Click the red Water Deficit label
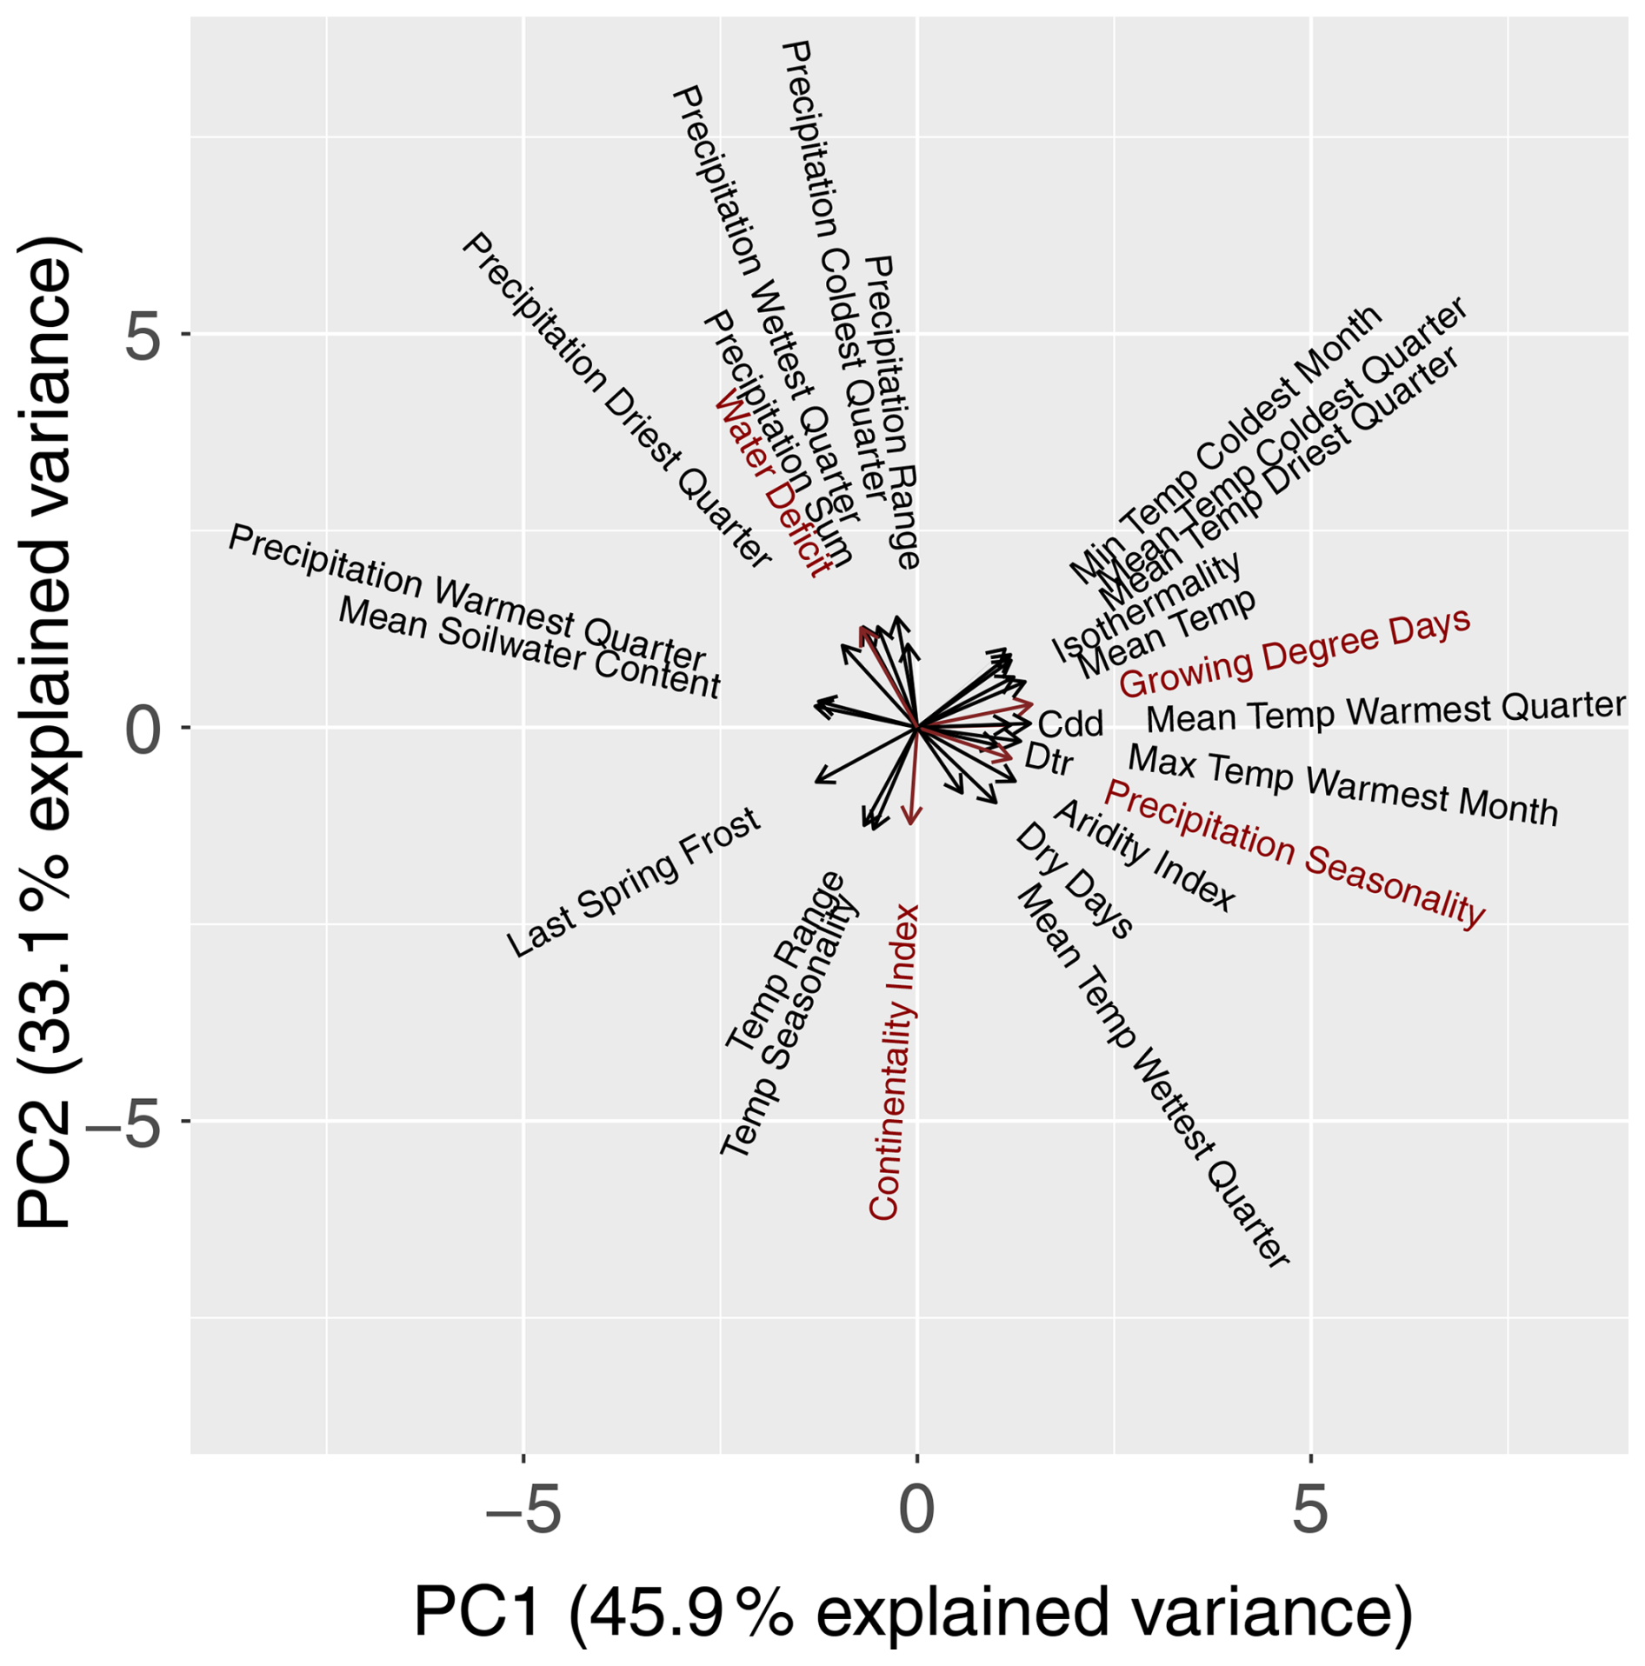(x=771, y=484)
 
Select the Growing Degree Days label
(x=1294, y=652)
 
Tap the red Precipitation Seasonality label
(x=1295, y=854)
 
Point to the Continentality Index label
(x=895, y=1062)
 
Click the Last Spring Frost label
(x=634, y=883)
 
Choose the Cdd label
(x=1070, y=723)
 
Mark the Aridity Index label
(x=1144, y=856)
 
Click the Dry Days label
(x=1075, y=881)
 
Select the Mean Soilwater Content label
(x=529, y=647)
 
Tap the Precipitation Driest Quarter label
(x=616, y=401)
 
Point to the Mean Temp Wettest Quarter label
(x=1152, y=1076)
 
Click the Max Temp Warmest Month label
(x=1342, y=785)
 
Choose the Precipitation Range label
(x=892, y=412)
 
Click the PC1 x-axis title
(x=913, y=1611)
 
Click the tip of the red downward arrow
(x=911, y=823)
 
